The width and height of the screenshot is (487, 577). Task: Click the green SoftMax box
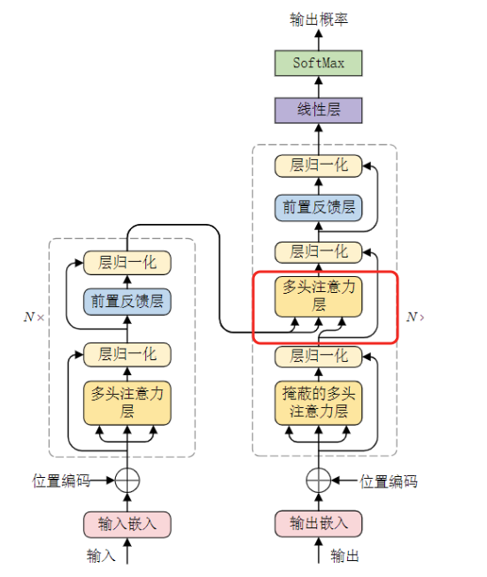[318, 64]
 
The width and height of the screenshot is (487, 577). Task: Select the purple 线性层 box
[318, 110]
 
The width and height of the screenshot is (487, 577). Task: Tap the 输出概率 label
[318, 19]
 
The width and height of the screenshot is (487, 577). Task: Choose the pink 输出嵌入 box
[318, 523]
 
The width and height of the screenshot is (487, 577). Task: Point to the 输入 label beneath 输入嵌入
[101, 556]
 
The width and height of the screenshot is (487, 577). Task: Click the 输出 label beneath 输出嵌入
[345, 556]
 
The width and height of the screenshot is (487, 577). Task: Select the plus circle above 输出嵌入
[318, 481]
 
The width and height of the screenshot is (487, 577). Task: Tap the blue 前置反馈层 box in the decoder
[318, 207]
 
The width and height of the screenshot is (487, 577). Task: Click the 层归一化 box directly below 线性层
[318, 165]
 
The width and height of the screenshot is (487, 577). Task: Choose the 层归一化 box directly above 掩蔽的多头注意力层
[318, 356]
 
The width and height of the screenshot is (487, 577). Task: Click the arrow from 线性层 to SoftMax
[318, 87]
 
